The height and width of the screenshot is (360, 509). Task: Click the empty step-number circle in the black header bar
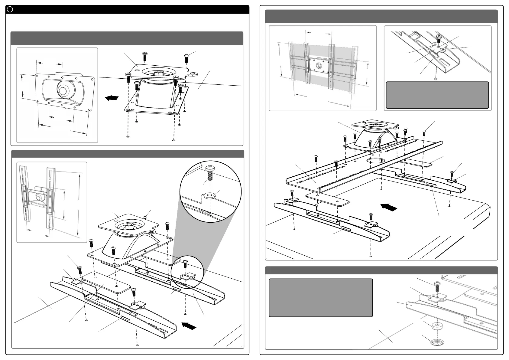(10, 9)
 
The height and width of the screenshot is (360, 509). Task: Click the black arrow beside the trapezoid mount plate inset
(112, 98)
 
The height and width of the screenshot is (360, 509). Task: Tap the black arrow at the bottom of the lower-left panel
(189, 326)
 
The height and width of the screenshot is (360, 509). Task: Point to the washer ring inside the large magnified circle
(209, 195)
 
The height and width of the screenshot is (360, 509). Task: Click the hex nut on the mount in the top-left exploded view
(158, 73)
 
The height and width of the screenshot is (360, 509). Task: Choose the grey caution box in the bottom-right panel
(321, 298)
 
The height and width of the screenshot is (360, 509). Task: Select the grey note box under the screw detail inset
(437, 95)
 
